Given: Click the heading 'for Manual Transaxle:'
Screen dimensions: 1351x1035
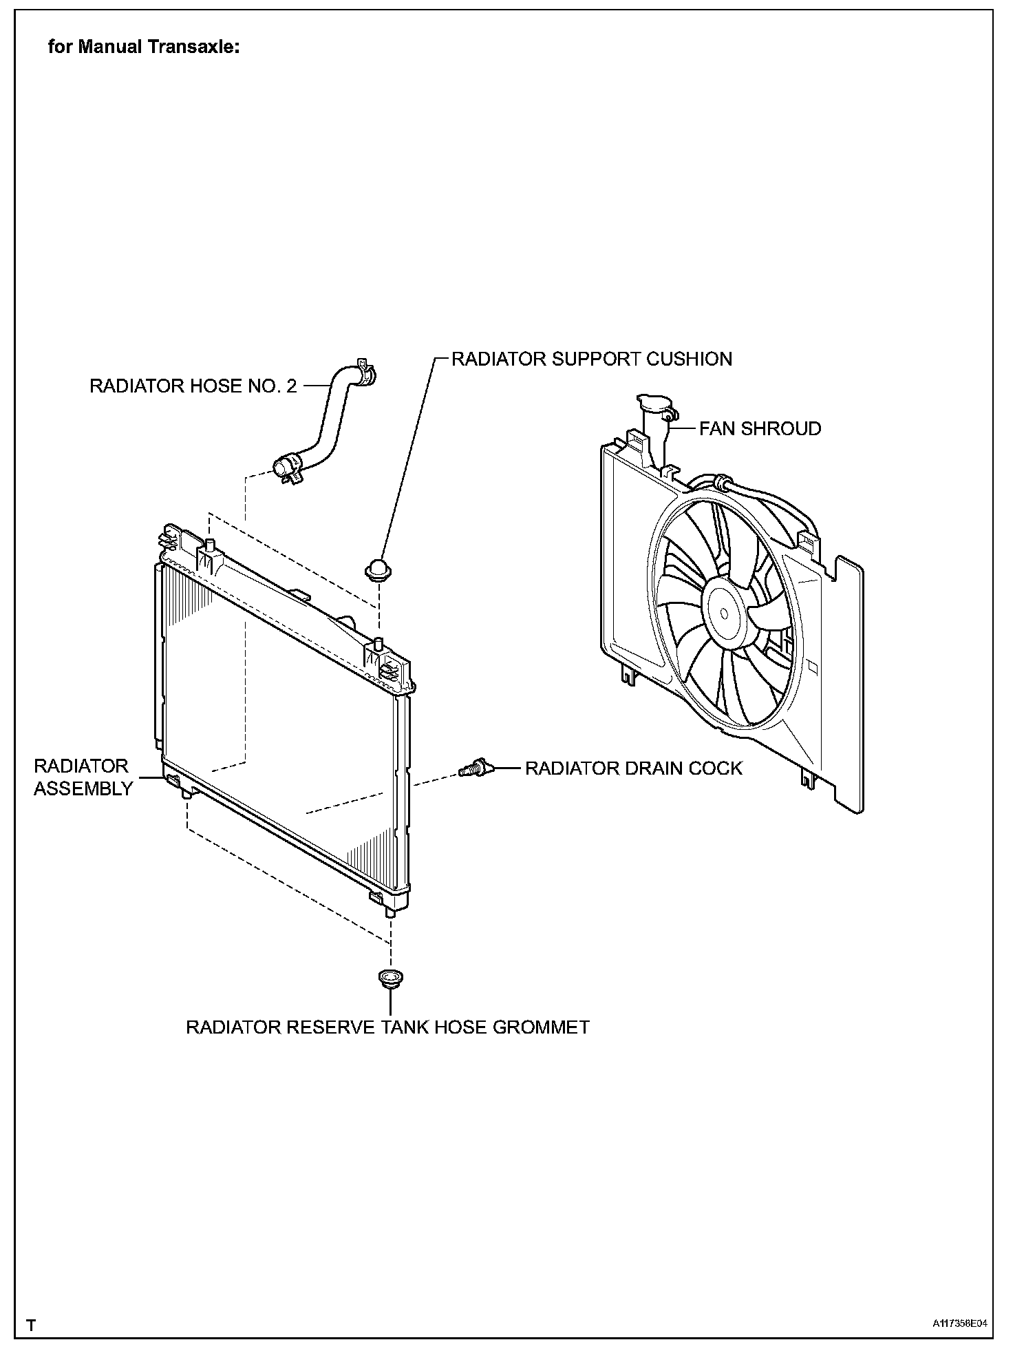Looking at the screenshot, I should (144, 47).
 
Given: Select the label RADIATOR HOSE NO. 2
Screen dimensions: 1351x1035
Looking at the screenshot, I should (193, 386).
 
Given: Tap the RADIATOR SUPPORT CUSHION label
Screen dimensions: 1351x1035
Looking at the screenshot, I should (591, 359).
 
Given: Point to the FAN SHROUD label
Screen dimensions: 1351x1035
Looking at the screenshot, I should (760, 428).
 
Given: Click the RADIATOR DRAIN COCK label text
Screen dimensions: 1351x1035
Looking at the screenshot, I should (633, 768).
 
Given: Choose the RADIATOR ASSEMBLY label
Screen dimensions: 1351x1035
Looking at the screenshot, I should (82, 777).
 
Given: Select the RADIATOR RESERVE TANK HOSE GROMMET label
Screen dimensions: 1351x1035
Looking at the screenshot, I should (387, 1027).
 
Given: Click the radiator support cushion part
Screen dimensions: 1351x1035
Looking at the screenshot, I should (376, 570).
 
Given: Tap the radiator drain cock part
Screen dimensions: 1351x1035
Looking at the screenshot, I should (473, 768).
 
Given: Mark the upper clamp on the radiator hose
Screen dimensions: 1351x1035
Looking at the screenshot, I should (365, 372).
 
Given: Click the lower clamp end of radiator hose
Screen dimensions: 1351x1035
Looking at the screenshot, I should (286, 468).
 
